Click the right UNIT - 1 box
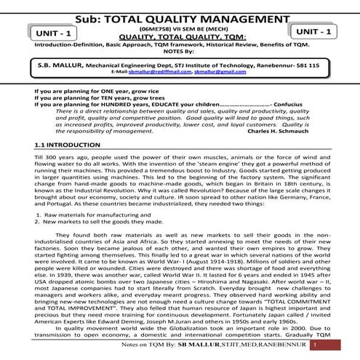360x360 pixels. [x=313, y=33]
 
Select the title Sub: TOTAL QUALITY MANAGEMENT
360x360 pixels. [x=180, y=11]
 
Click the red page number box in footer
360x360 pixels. [x=315, y=346]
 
